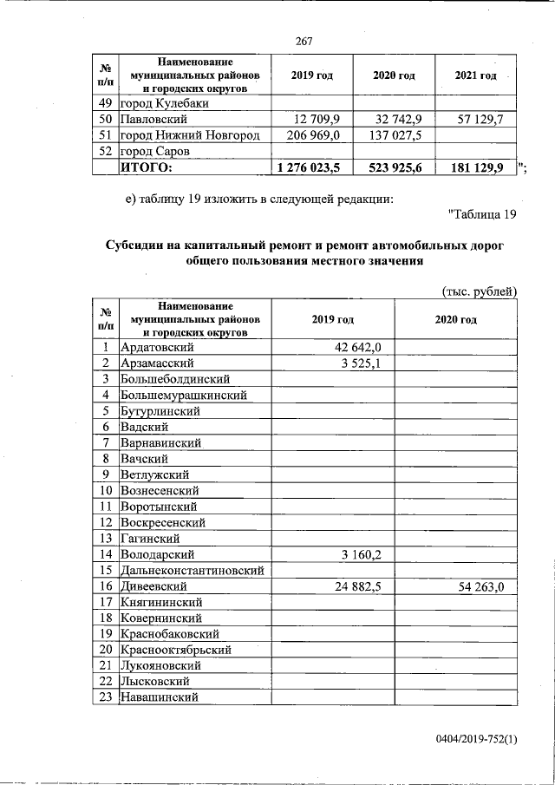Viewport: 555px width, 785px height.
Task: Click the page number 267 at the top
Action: pos(304,42)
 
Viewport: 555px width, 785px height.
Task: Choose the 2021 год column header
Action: pos(475,76)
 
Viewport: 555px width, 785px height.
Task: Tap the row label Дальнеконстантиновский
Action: pos(191,571)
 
